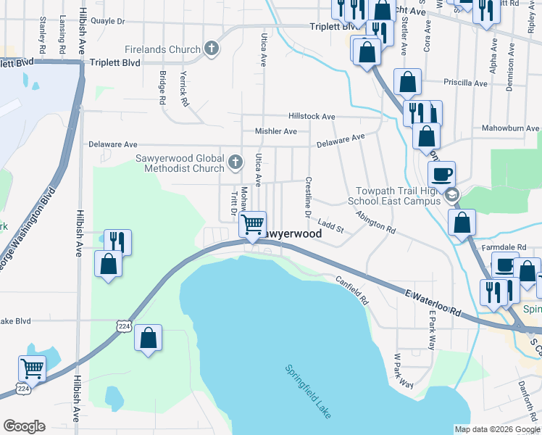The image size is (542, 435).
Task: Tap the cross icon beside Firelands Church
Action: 212,49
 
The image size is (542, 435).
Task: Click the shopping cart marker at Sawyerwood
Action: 252,224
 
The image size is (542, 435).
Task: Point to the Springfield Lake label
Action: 309,390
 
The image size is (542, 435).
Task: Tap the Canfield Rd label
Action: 352,289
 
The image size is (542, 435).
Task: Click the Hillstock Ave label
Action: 312,116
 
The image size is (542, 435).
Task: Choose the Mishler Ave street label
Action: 275,131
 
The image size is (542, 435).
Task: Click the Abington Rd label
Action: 375,221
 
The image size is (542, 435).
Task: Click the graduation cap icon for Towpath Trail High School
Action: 452,194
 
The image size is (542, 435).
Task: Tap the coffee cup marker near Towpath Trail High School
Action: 441,174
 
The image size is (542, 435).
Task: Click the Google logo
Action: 24,426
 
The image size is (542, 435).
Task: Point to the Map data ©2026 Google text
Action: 496,429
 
